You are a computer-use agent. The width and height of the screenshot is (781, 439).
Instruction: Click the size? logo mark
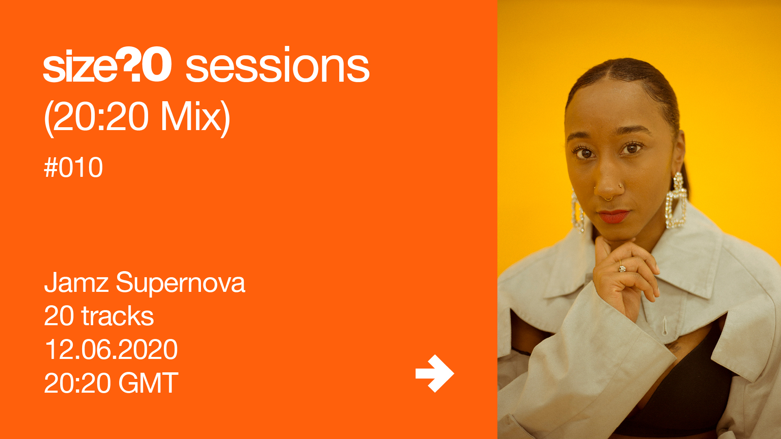[x=107, y=65]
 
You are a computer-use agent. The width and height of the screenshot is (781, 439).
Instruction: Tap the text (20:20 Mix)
[x=137, y=117]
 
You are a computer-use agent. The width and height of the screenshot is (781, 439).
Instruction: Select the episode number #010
[x=73, y=167]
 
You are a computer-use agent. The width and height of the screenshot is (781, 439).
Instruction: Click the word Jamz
[x=76, y=283]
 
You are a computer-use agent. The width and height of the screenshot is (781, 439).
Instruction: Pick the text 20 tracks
[x=99, y=316]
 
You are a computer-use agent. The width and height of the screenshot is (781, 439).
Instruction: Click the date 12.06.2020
[x=111, y=350]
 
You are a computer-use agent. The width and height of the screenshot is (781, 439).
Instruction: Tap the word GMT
[x=148, y=383]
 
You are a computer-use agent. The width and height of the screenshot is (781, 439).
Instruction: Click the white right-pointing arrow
[x=434, y=374]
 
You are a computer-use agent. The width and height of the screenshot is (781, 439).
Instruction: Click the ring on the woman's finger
[x=622, y=268]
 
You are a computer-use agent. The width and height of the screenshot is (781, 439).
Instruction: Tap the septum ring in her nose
[x=608, y=198]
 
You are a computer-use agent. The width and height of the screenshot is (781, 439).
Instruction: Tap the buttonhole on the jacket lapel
[x=664, y=326]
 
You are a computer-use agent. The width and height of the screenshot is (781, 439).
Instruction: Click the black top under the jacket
[x=687, y=390]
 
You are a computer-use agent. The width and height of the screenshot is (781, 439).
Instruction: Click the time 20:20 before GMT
[x=77, y=383]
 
